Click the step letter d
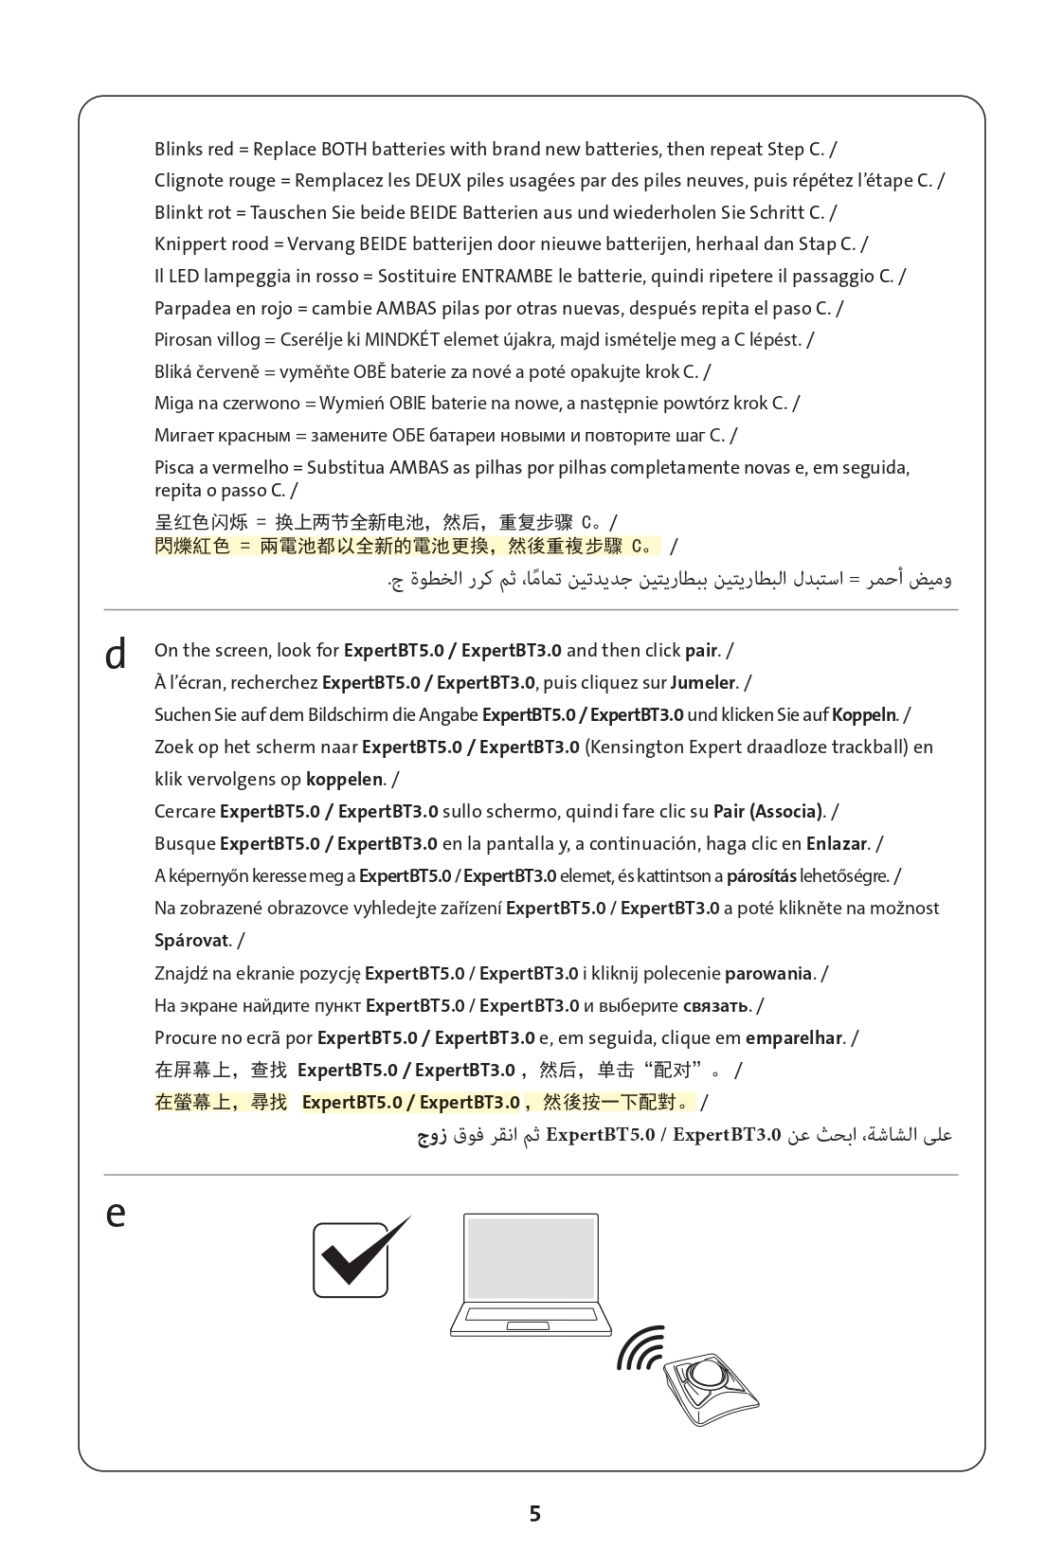pos(116,654)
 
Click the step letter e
pos(116,1214)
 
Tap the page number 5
pos(534,1513)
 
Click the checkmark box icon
pos(352,1259)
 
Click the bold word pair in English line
pos(700,651)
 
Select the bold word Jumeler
pos(702,683)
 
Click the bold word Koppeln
pos(863,715)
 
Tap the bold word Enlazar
pos(837,844)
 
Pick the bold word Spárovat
pos(191,941)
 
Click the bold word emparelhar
pos(794,1038)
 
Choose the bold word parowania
pos(768,974)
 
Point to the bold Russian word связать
pos(716,1006)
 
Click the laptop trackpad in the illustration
pos(530,1325)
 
